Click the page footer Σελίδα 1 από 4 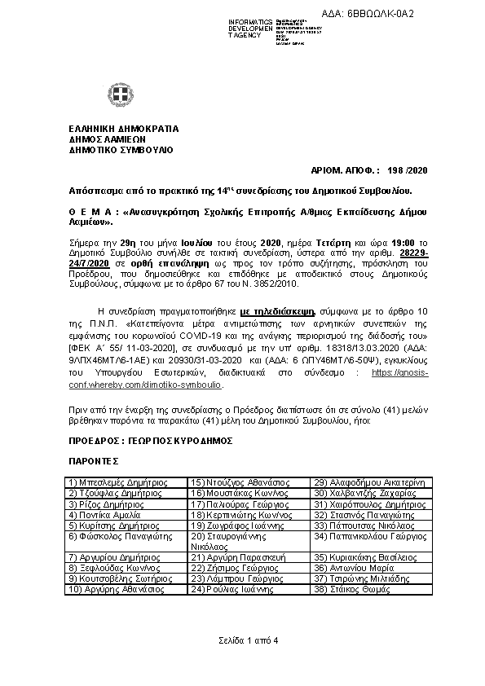click(243, 640)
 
